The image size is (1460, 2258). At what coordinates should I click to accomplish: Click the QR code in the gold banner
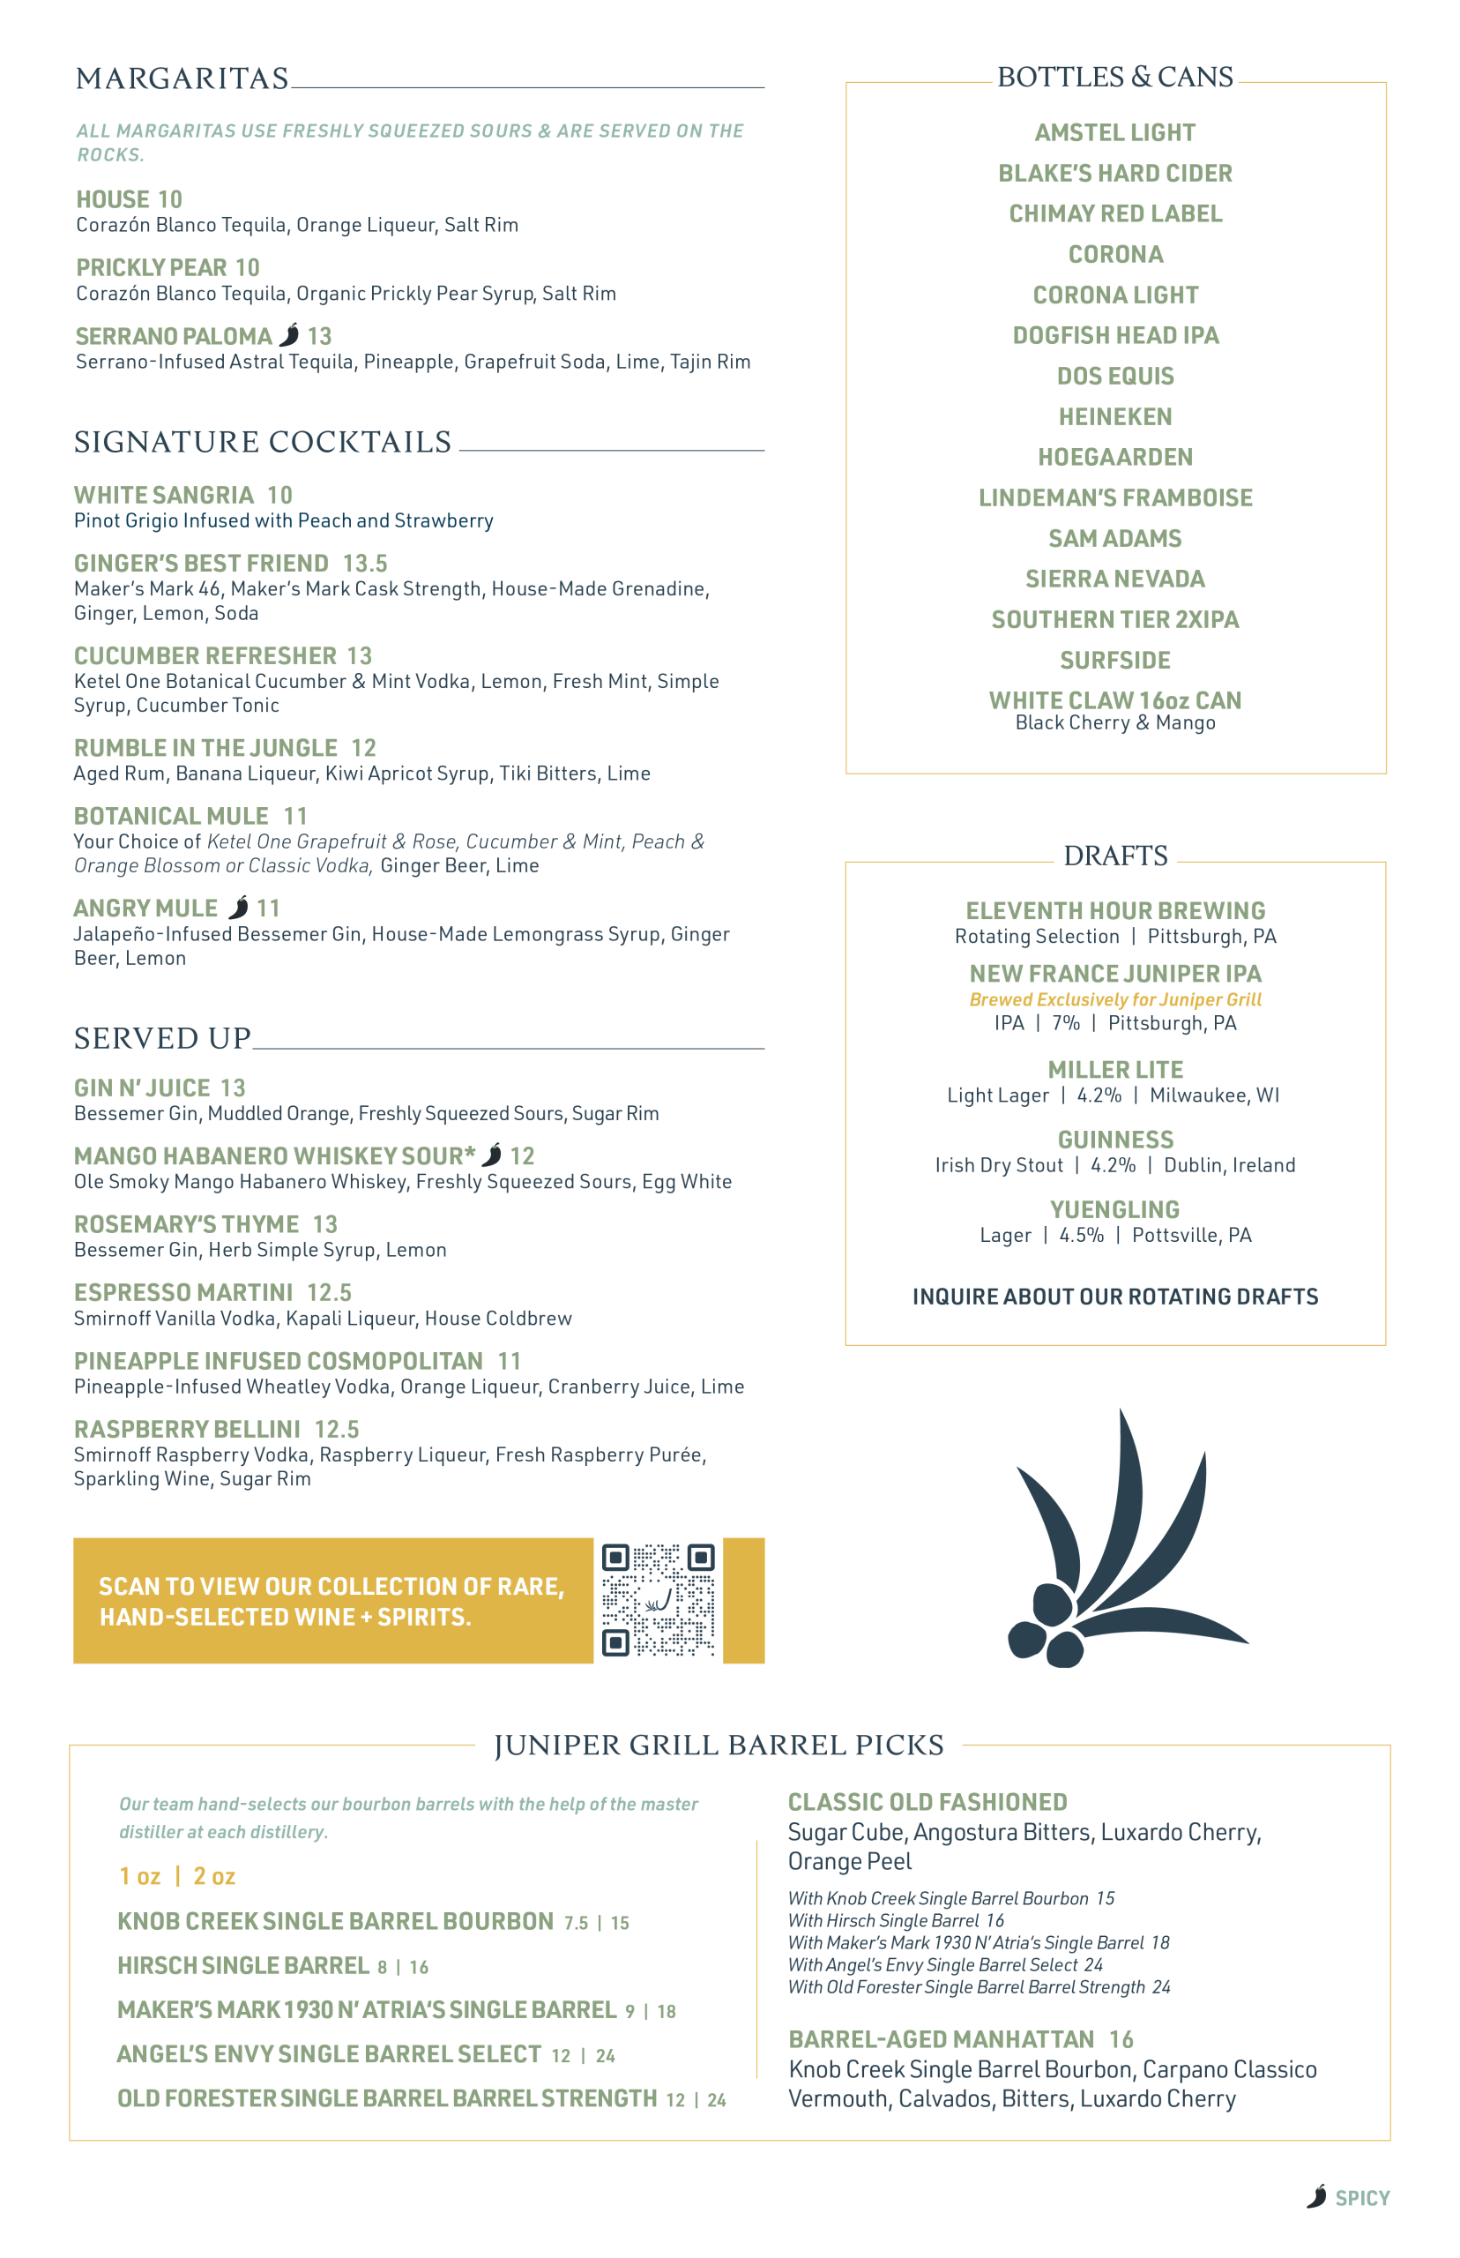[x=658, y=1599]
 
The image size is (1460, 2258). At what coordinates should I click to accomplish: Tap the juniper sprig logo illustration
[x=1119, y=1546]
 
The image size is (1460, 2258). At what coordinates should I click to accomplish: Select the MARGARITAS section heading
[x=182, y=79]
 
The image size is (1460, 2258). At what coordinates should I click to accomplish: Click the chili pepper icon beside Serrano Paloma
[x=290, y=335]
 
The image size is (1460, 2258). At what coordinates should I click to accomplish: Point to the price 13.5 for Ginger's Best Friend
[x=365, y=564]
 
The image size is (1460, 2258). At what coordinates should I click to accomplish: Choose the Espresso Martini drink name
[x=183, y=1292]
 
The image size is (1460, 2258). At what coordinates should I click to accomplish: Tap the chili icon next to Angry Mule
[x=239, y=908]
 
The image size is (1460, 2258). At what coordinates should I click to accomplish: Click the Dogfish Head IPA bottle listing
[x=1115, y=336]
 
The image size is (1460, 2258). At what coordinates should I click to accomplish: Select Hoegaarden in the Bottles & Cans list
[x=1115, y=457]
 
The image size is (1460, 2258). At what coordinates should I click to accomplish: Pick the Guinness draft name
[x=1115, y=1139]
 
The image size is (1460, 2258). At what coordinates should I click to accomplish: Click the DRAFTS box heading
[x=1115, y=856]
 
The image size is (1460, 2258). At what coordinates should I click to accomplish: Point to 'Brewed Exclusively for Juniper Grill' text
[x=1115, y=999]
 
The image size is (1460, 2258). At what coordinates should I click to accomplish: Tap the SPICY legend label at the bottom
[x=1361, y=2198]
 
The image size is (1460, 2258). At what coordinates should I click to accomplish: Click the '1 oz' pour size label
[x=139, y=1876]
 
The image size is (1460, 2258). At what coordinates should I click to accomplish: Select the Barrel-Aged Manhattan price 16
[x=1121, y=2039]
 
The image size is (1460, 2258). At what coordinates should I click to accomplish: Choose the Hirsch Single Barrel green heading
[x=242, y=1965]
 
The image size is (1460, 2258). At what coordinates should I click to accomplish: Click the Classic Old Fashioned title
[x=927, y=1802]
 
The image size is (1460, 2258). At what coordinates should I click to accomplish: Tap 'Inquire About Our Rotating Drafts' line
[x=1115, y=1297]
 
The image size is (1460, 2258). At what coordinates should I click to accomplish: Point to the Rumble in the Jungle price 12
[x=364, y=748]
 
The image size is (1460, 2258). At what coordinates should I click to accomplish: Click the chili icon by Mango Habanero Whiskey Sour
[x=491, y=1155]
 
